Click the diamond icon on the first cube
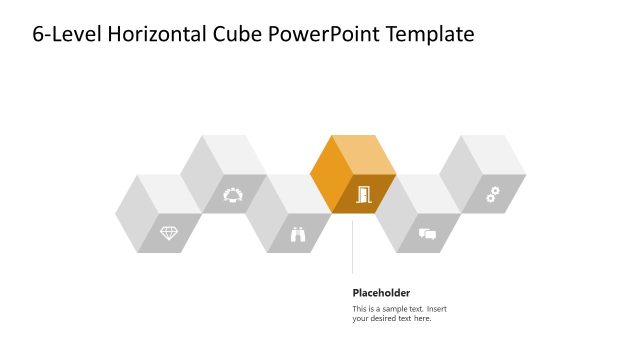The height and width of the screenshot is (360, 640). [x=169, y=233]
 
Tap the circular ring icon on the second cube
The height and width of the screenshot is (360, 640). [x=233, y=194]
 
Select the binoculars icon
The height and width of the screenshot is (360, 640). [x=298, y=234]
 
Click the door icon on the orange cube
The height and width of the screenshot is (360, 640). [x=362, y=194]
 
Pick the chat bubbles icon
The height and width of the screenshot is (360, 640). [x=427, y=234]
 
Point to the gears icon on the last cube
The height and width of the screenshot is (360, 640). [x=492, y=194]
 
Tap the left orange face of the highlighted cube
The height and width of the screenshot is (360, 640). [x=329, y=176]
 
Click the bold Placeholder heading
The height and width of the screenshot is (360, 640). [x=381, y=293]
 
